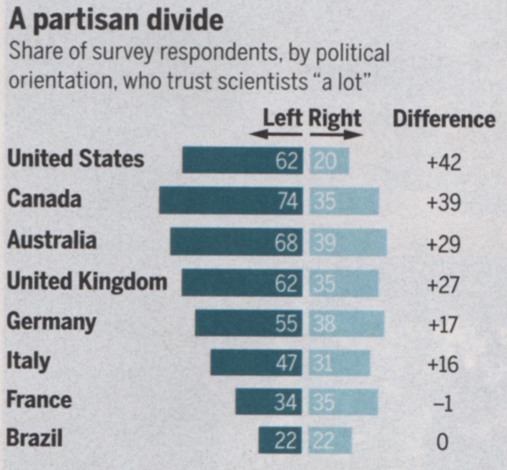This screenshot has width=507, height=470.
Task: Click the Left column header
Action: click(x=283, y=117)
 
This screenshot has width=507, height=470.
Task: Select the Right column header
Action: click(x=335, y=117)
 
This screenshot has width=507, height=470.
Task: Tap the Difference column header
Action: click(x=444, y=119)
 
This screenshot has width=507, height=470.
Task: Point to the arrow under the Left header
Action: click(x=275, y=134)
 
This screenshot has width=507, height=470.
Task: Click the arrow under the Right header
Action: click(x=337, y=134)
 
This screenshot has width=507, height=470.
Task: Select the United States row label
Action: click(x=76, y=159)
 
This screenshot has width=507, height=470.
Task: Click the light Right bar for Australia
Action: click(x=348, y=242)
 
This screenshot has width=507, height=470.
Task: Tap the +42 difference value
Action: click(x=444, y=162)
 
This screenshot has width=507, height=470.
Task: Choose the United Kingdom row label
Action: click(x=87, y=281)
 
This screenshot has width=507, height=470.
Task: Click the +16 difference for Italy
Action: click(x=444, y=363)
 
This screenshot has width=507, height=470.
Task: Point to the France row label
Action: click(x=39, y=398)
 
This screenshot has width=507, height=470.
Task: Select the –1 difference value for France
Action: click(x=444, y=404)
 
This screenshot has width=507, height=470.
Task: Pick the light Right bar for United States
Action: click(x=330, y=160)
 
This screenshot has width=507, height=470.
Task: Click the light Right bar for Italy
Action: click(x=340, y=362)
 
